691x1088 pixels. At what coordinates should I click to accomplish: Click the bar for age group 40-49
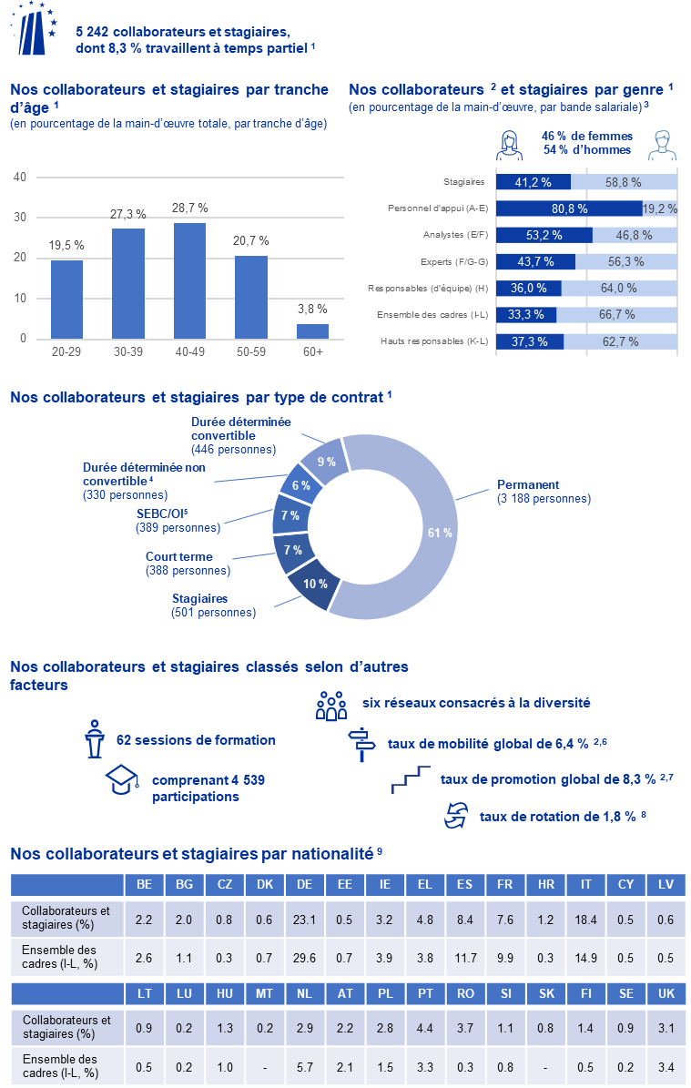(x=189, y=280)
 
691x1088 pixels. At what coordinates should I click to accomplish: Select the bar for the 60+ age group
(x=313, y=330)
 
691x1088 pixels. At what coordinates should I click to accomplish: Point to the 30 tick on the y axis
(x=19, y=218)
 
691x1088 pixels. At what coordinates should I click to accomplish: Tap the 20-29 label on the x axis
(x=66, y=351)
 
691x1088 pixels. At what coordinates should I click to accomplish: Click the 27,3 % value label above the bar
(x=127, y=214)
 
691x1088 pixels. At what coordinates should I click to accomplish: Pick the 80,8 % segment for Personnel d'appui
(x=568, y=208)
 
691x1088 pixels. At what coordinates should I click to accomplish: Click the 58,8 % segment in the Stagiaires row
(x=625, y=182)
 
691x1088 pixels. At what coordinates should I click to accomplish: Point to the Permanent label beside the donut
(x=527, y=484)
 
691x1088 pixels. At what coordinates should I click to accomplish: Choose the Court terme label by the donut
(x=179, y=556)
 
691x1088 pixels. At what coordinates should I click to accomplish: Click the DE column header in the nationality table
(x=305, y=884)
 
